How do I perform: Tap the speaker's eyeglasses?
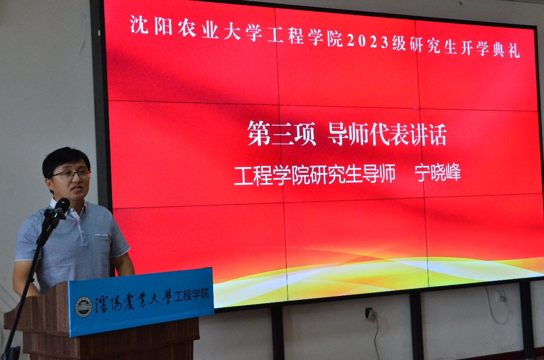(x=72, y=174)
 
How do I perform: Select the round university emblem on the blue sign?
(x=84, y=306)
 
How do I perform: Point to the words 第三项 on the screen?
(x=281, y=134)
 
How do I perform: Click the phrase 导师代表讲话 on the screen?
(x=387, y=135)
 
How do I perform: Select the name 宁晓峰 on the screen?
(x=438, y=172)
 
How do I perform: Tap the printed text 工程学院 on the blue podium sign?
(x=191, y=295)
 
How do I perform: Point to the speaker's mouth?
(x=77, y=189)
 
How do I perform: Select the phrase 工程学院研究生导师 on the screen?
(x=315, y=174)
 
